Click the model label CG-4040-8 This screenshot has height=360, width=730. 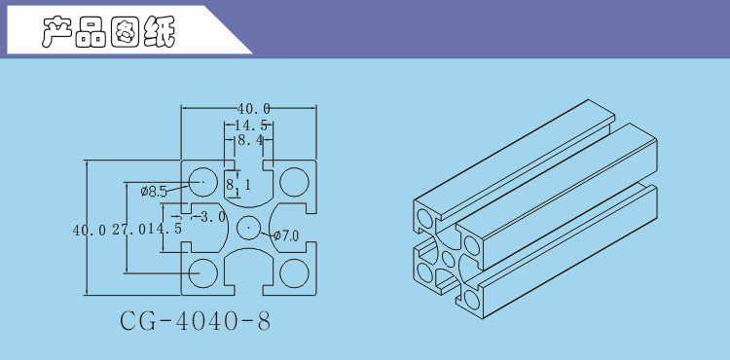coord(195,321)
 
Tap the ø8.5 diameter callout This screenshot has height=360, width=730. coord(153,191)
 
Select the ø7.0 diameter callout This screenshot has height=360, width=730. coord(286,236)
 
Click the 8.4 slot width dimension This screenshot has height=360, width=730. coord(250,140)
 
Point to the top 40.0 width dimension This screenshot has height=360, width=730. coord(254,109)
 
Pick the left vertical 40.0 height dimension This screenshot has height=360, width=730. coord(90,230)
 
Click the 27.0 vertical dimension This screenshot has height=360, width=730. coord(129,230)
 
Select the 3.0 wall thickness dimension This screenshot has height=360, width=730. coord(213,217)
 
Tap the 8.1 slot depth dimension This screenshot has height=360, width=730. coord(238,185)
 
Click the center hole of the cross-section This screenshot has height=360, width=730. coord(249,228)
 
